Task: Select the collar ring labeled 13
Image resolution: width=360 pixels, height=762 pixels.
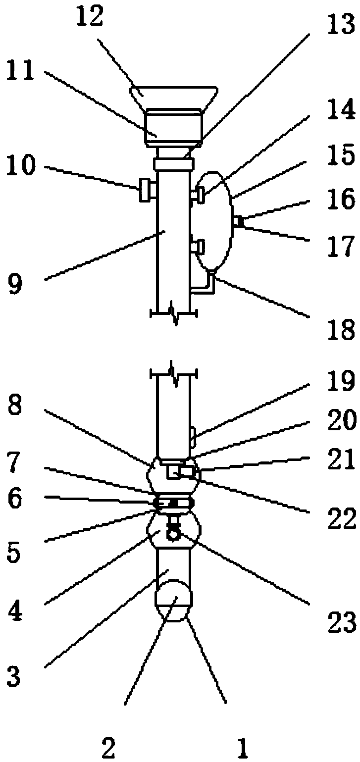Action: [x=173, y=163]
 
